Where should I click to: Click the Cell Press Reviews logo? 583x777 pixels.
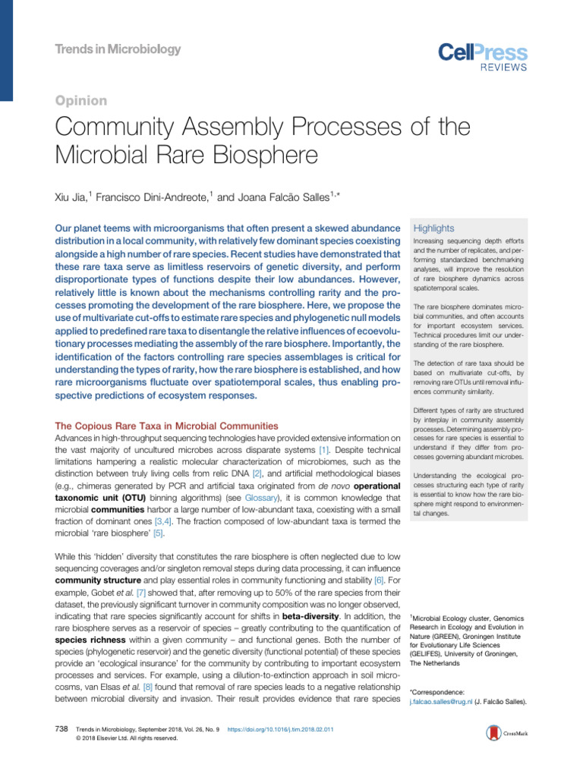click(482, 57)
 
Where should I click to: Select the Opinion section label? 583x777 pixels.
click(81, 100)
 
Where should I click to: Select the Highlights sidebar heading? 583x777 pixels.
click(433, 228)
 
